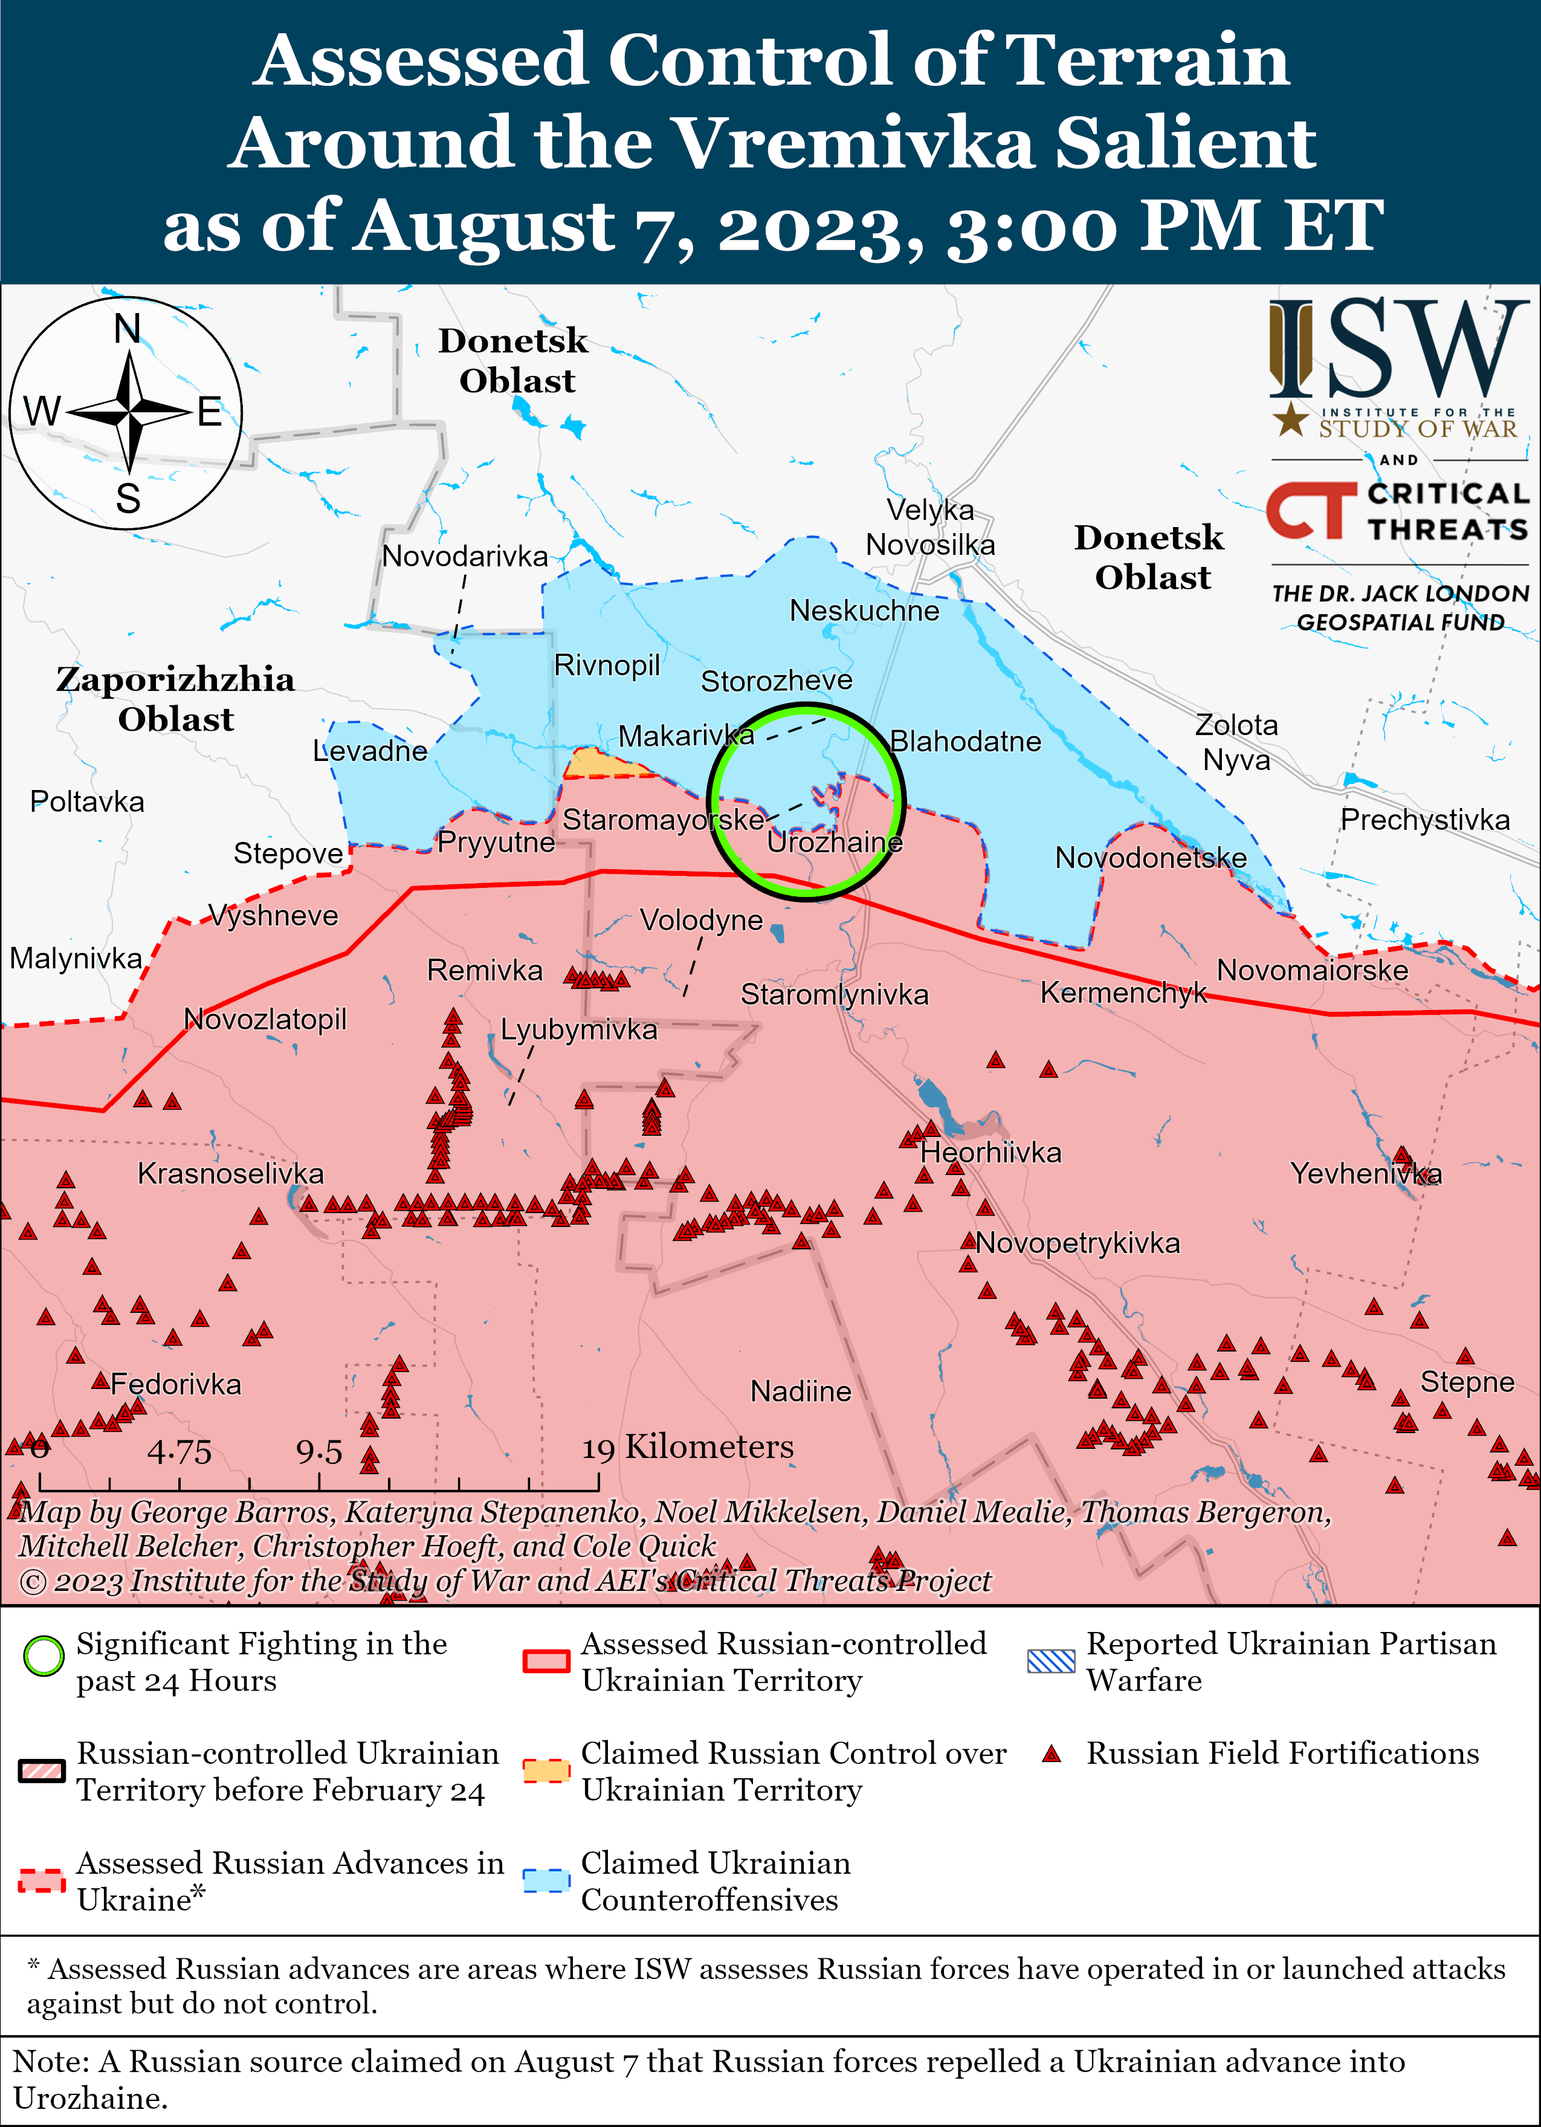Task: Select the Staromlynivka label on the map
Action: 834,994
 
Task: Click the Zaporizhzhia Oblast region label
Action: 175,699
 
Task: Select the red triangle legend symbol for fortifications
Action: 1052,1755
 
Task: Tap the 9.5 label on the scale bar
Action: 319,1452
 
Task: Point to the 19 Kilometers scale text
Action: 688,1447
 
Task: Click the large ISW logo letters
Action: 1398,349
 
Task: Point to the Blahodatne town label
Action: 965,742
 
